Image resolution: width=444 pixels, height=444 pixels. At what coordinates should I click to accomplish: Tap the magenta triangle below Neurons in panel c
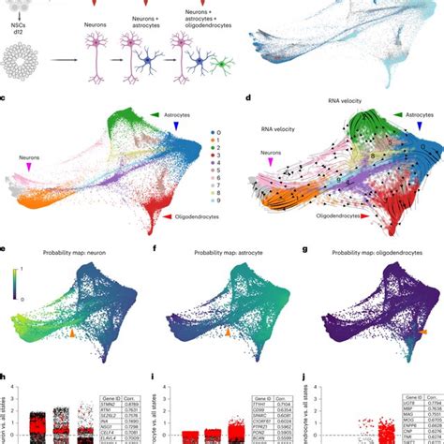point(35,165)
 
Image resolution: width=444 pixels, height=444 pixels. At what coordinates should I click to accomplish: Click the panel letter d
point(247,98)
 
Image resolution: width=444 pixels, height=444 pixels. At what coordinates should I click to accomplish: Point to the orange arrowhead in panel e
point(74,332)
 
